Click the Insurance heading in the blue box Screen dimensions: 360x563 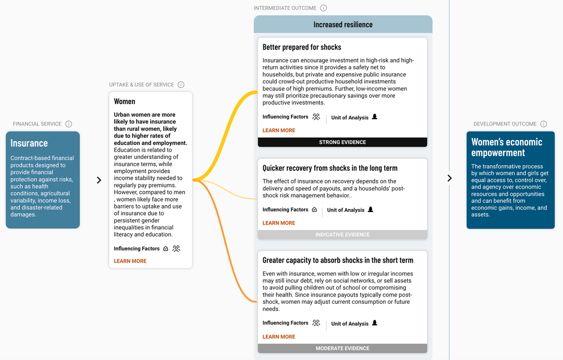(29, 143)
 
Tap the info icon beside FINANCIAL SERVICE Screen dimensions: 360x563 (69, 124)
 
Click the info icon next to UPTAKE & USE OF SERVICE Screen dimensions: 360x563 (181, 84)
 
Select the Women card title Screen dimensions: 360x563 (125, 102)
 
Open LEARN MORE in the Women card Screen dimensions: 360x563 (130, 261)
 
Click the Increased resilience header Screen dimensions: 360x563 (343, 24)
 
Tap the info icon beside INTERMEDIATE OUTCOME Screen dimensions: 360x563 (323, 8)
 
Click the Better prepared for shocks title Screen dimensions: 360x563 (302, 47)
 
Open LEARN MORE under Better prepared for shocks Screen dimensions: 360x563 (279, 130)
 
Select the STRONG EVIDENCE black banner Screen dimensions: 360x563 (342, 142)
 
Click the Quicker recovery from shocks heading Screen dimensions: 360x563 (330, 168)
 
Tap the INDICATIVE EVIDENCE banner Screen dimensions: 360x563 (342, 235)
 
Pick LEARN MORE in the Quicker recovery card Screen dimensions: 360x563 (279, 223)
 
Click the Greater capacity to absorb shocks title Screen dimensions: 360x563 (338, 260)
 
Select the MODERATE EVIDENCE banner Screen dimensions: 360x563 (342, 349)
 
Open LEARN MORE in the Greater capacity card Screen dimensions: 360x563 (279, 337)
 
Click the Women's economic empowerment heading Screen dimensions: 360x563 (507, 147)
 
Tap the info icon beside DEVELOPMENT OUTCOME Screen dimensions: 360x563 (544, 124)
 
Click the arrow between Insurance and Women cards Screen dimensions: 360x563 (99, 180)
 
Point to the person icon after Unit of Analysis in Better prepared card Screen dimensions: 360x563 (374, 117)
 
